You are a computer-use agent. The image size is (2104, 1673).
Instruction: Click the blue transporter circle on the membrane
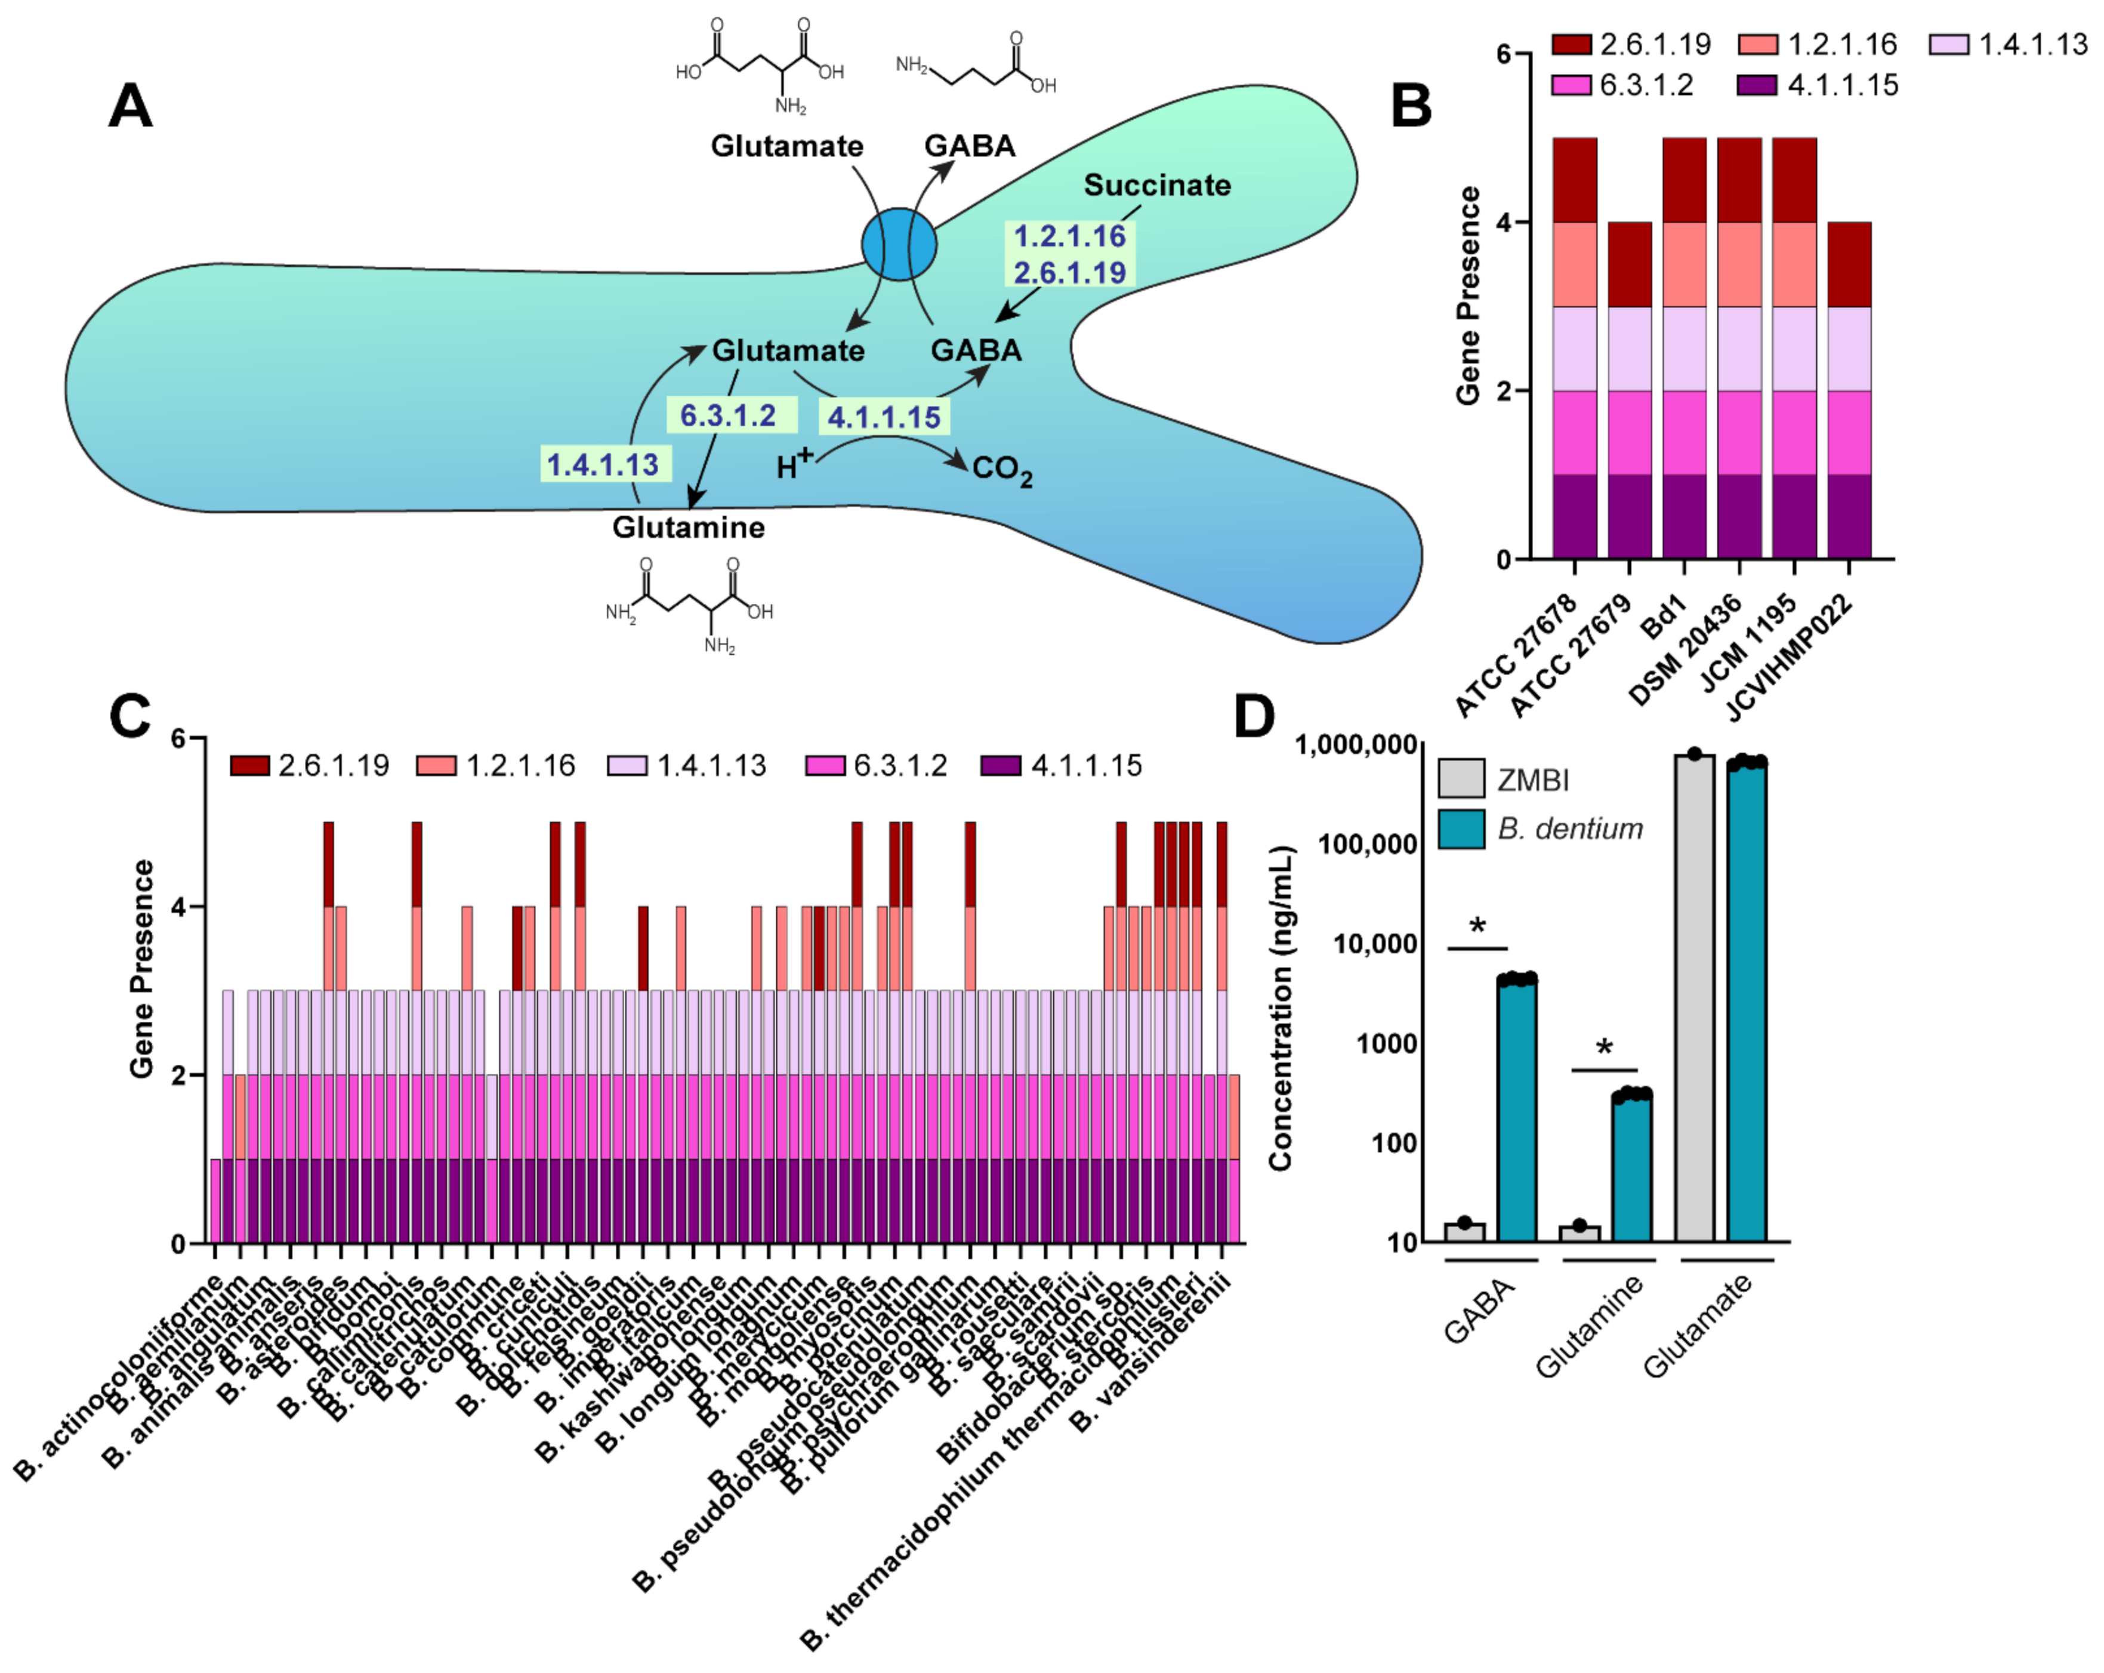click(x=899, y=245)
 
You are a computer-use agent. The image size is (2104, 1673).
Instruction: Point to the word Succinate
click(x=1158, y=184)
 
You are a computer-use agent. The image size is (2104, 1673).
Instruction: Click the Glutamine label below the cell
click(x=688, y=527)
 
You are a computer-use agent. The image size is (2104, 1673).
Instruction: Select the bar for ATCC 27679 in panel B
click(x=1629, y=390)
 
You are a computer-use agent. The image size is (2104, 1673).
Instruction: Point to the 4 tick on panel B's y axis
click(x=1505, y=223)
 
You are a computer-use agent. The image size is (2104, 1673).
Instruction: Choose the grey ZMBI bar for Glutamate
click(x=1694, y=996)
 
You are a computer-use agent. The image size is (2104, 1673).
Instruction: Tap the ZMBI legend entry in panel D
click(x=1532, y=781)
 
